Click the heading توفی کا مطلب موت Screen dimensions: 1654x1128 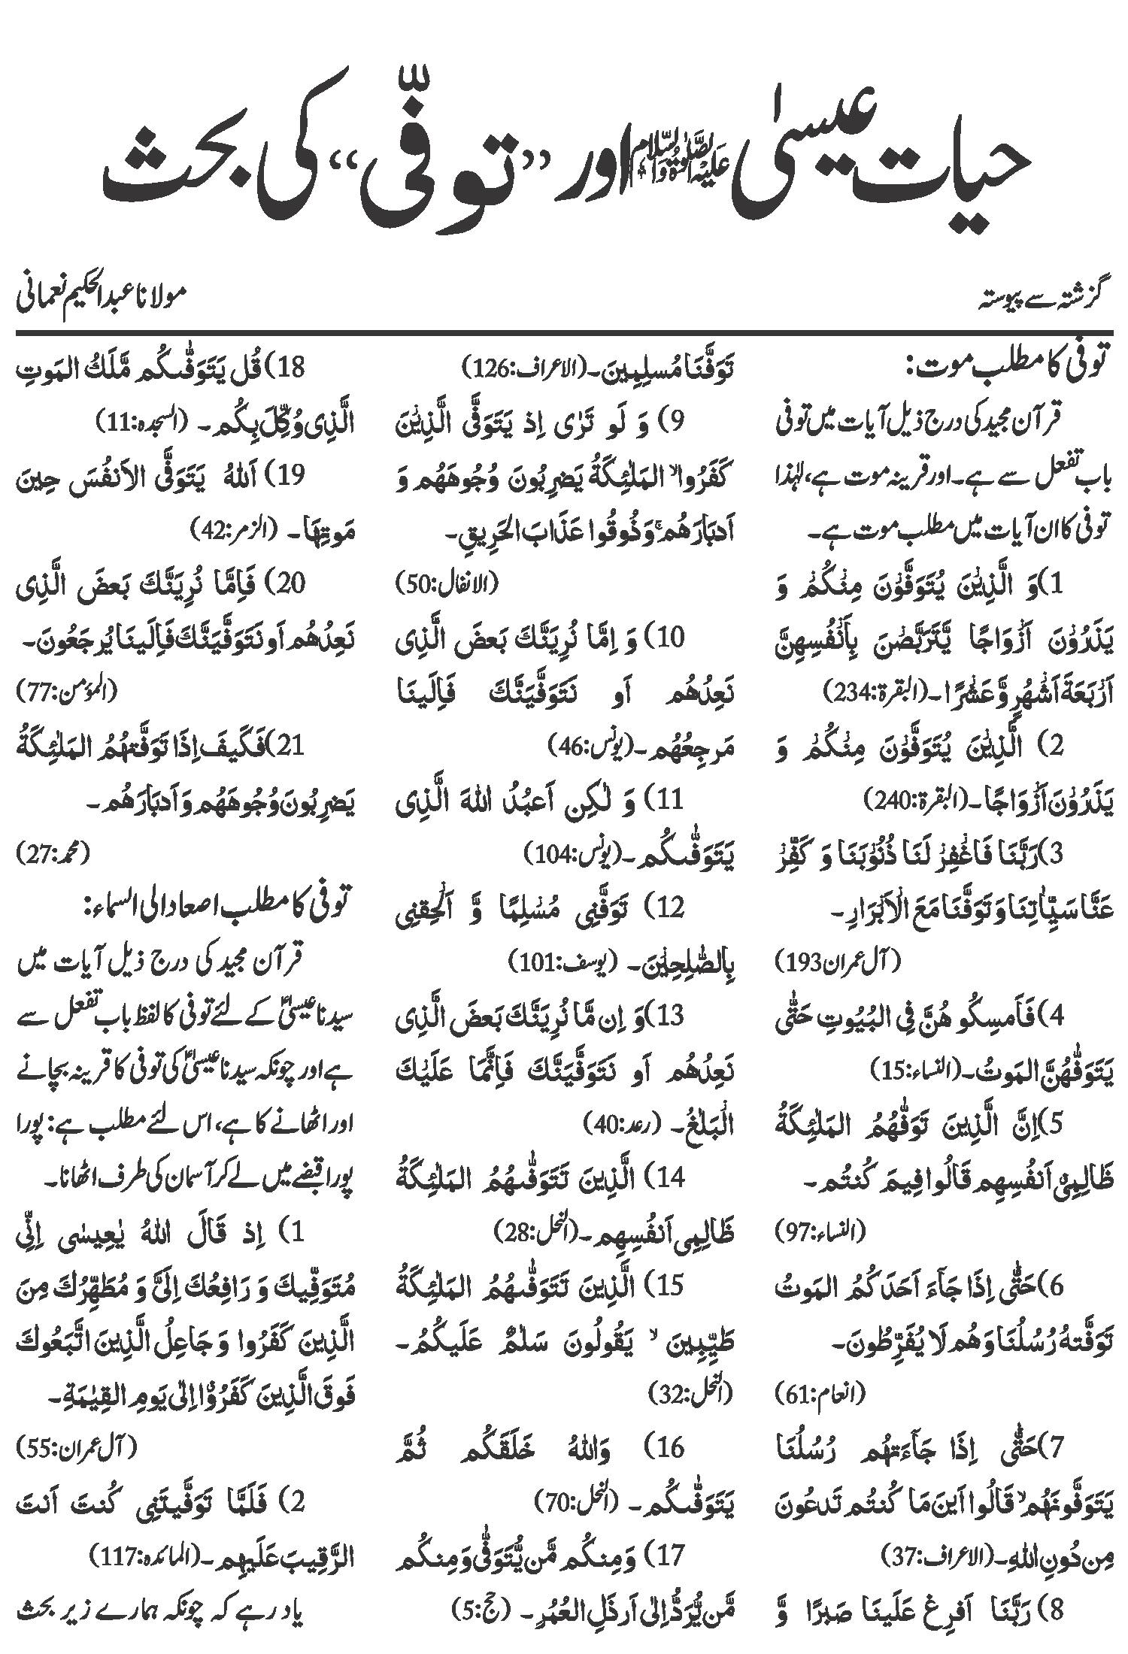1000,371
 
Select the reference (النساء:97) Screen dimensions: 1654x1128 820,1231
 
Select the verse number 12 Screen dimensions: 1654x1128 669,908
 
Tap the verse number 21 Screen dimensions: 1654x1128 290,747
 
